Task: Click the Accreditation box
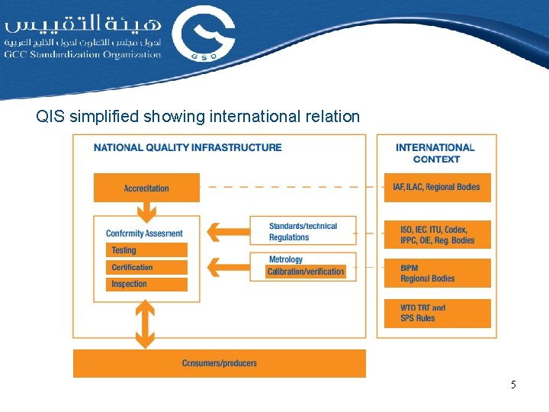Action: click(146, 188)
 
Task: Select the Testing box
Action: click(146, 250)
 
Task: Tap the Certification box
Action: click(146, 267)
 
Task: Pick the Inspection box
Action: click(146, 284)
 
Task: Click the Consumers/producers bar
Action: click(220, 363)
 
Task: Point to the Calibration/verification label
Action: click(305, 272)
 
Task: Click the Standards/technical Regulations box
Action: click(303, 231)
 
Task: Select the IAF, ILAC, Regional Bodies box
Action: click(437, 187)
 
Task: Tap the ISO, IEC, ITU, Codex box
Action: click(437, 235)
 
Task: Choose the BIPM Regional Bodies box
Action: click(437, 273)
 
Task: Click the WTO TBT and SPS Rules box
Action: click(437, 313)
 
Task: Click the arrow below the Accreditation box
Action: click(146, 208)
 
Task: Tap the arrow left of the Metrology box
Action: click(228, 266)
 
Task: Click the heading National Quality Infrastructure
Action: click(188, 147)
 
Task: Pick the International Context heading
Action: click(435, 153)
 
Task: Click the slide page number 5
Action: click(513, 385)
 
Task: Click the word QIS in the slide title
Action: click(50, 117)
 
